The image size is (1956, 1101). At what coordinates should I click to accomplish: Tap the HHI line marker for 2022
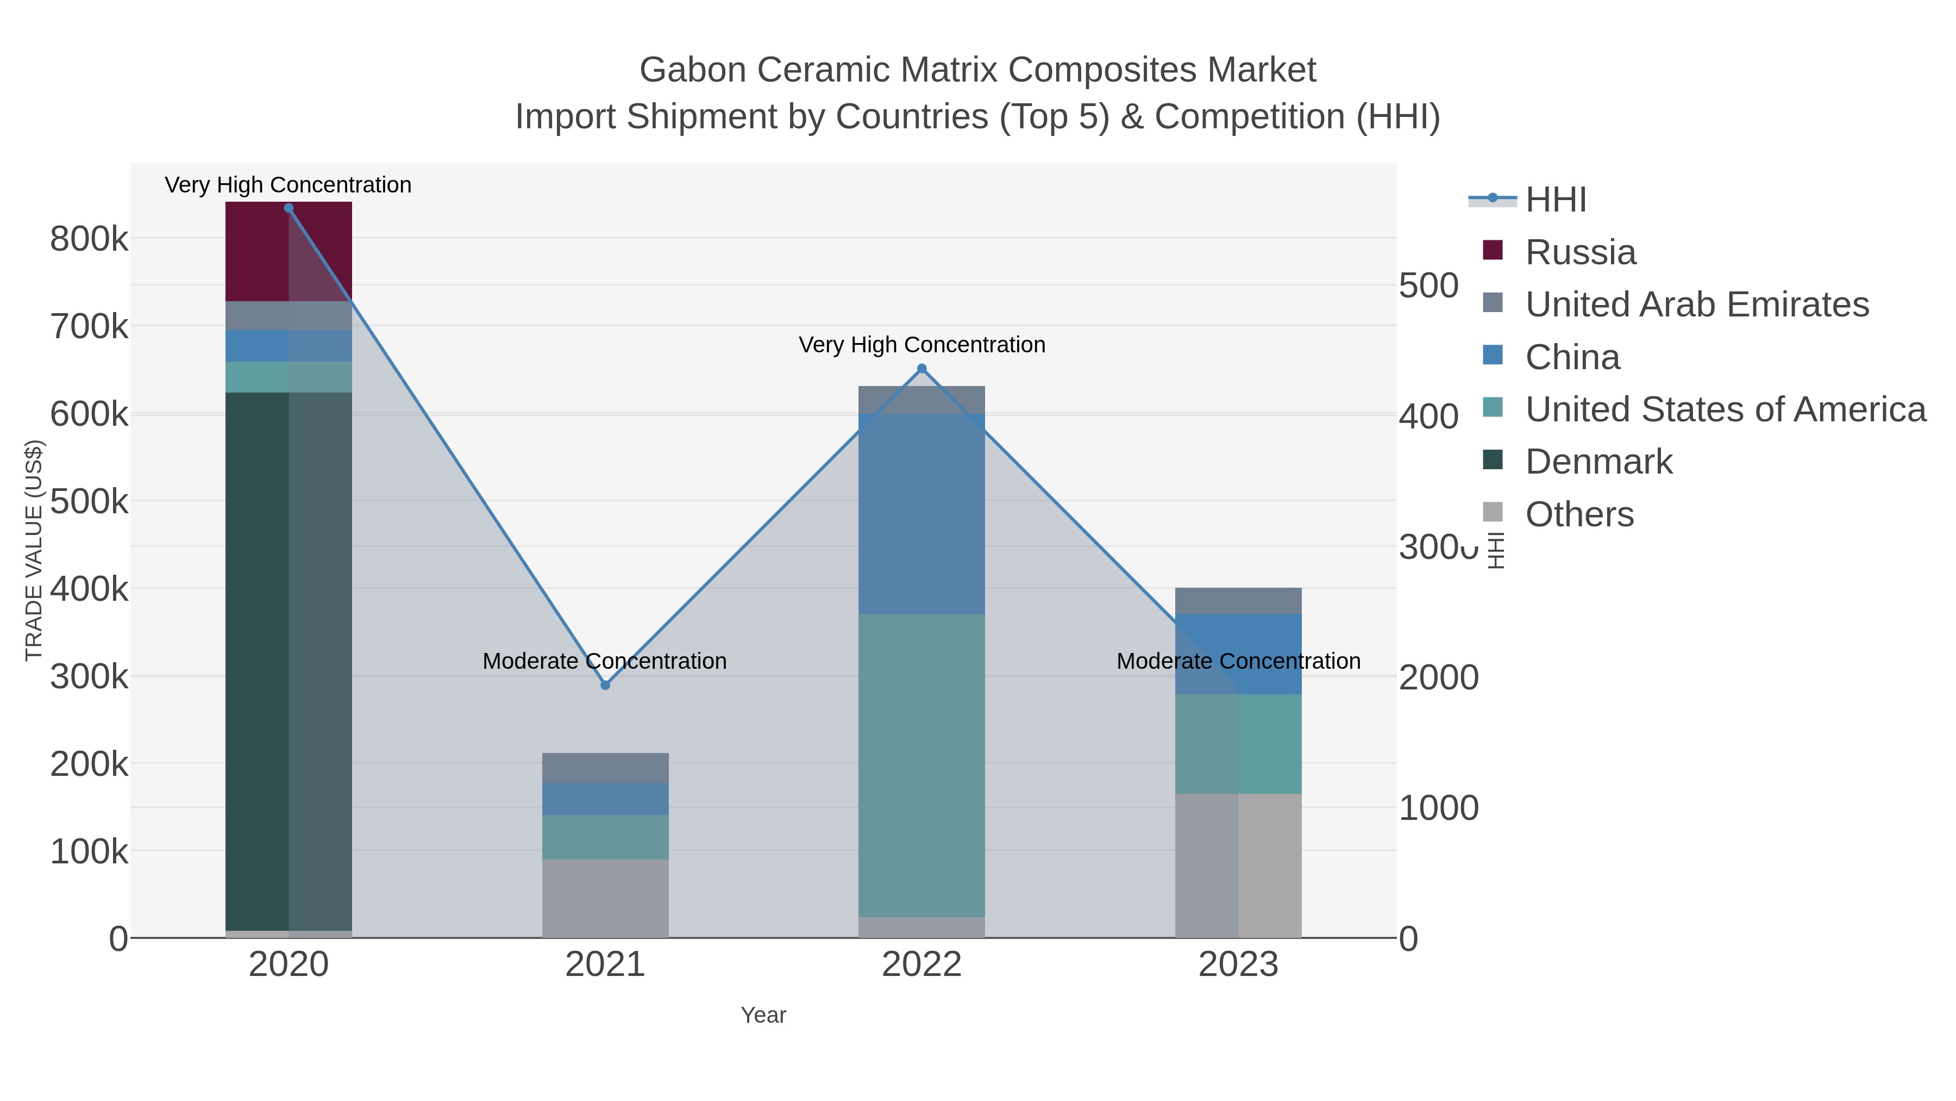pyautogui.click(x=922, y=369)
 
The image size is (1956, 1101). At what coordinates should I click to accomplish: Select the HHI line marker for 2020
pyautogui.click(x=289, y=208)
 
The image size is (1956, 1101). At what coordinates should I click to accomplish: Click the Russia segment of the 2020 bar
pyautogui.click(x=289, y=252)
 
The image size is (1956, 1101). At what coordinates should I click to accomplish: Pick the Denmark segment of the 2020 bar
pyautogui.click(x=289, y=661)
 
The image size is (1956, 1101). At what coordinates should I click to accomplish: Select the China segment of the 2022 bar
pyautogui.click(x=922, y=514)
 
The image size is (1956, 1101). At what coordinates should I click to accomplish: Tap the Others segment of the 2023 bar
pyautogui.click(x=1238, y=866)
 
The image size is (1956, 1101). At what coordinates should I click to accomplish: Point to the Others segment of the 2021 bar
pyautogui.click(x=605, y=898)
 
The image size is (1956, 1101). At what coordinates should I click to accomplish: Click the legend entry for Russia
pyautogui.click(x=1580, y=252)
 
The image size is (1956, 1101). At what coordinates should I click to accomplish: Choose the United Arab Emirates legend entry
pyautogui.click(x=1696, y=304)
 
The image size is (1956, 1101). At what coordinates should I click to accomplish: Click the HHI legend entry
pyautogui.click(x=1555, y=200)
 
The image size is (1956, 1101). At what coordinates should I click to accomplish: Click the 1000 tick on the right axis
pyautogui.click(x=1438, y=808)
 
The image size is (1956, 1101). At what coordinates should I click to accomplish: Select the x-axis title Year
pyautogui.click(x=763, y=1015)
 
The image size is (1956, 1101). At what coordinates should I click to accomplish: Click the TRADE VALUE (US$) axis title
pyautogui.click(x=34, y=550)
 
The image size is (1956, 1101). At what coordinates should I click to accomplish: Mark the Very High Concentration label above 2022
pyautogui.click(x=922, y=345)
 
